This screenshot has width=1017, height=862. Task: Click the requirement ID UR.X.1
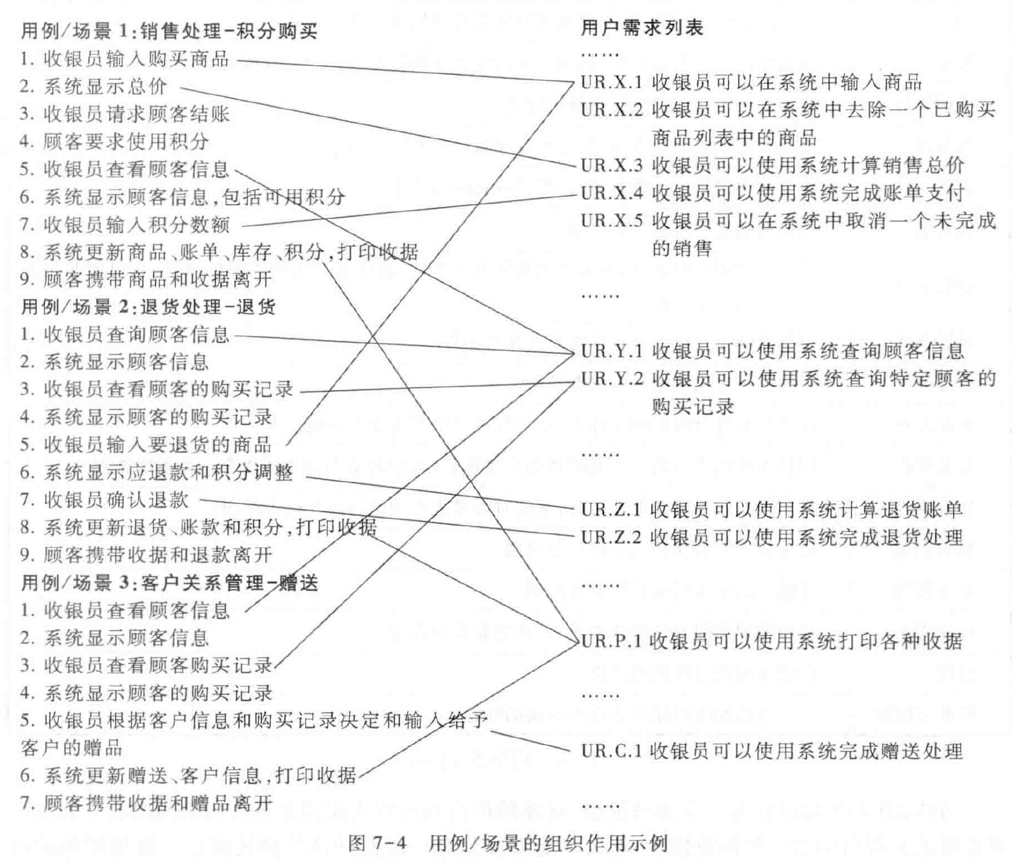(611, 82)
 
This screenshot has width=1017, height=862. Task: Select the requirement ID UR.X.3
(611, 165)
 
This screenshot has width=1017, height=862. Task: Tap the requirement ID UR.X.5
(611, 221)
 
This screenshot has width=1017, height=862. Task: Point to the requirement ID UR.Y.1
(611, 351)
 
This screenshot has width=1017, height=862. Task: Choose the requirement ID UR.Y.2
(611, 379)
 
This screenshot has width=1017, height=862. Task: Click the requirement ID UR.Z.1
(610, 510)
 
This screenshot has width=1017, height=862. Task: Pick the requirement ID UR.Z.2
(610, 537)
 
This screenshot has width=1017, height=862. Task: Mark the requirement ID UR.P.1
(611, 641)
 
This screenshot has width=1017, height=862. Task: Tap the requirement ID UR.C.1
(611, 752)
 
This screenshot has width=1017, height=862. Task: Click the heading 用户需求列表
(642, 28)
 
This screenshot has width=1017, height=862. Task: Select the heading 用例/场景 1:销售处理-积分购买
(169, 31)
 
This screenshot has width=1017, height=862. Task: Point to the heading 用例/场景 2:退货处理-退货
(148, 307)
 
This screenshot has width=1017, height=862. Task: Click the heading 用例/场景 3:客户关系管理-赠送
(169, 583)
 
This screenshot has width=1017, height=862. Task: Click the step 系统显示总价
(105, 87)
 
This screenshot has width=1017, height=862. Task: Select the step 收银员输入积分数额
(136, 224)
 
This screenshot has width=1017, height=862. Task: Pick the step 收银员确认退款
(116, 500)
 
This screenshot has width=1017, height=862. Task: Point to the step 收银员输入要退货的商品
(157, 445)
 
